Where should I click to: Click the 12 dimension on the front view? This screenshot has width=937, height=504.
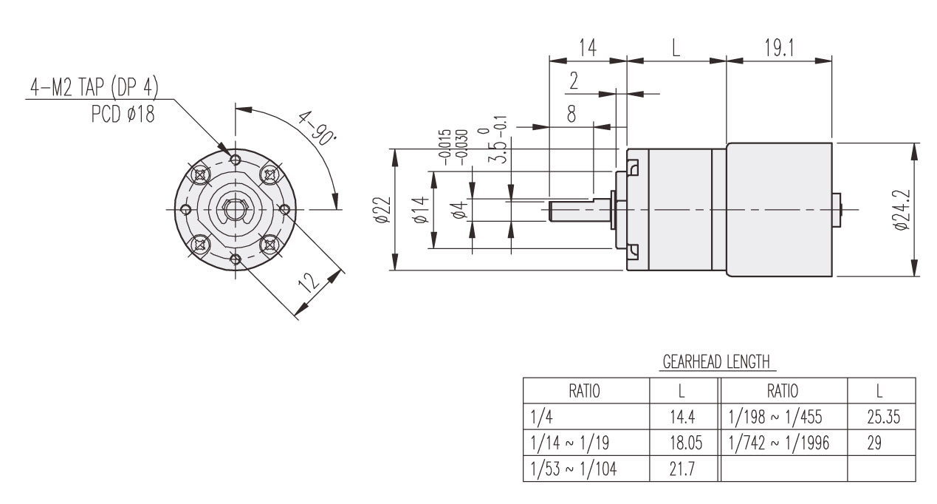[312, 283]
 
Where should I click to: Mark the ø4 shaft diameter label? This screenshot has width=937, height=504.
[459, 211]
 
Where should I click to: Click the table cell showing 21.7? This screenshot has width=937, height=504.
[678, 468]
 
